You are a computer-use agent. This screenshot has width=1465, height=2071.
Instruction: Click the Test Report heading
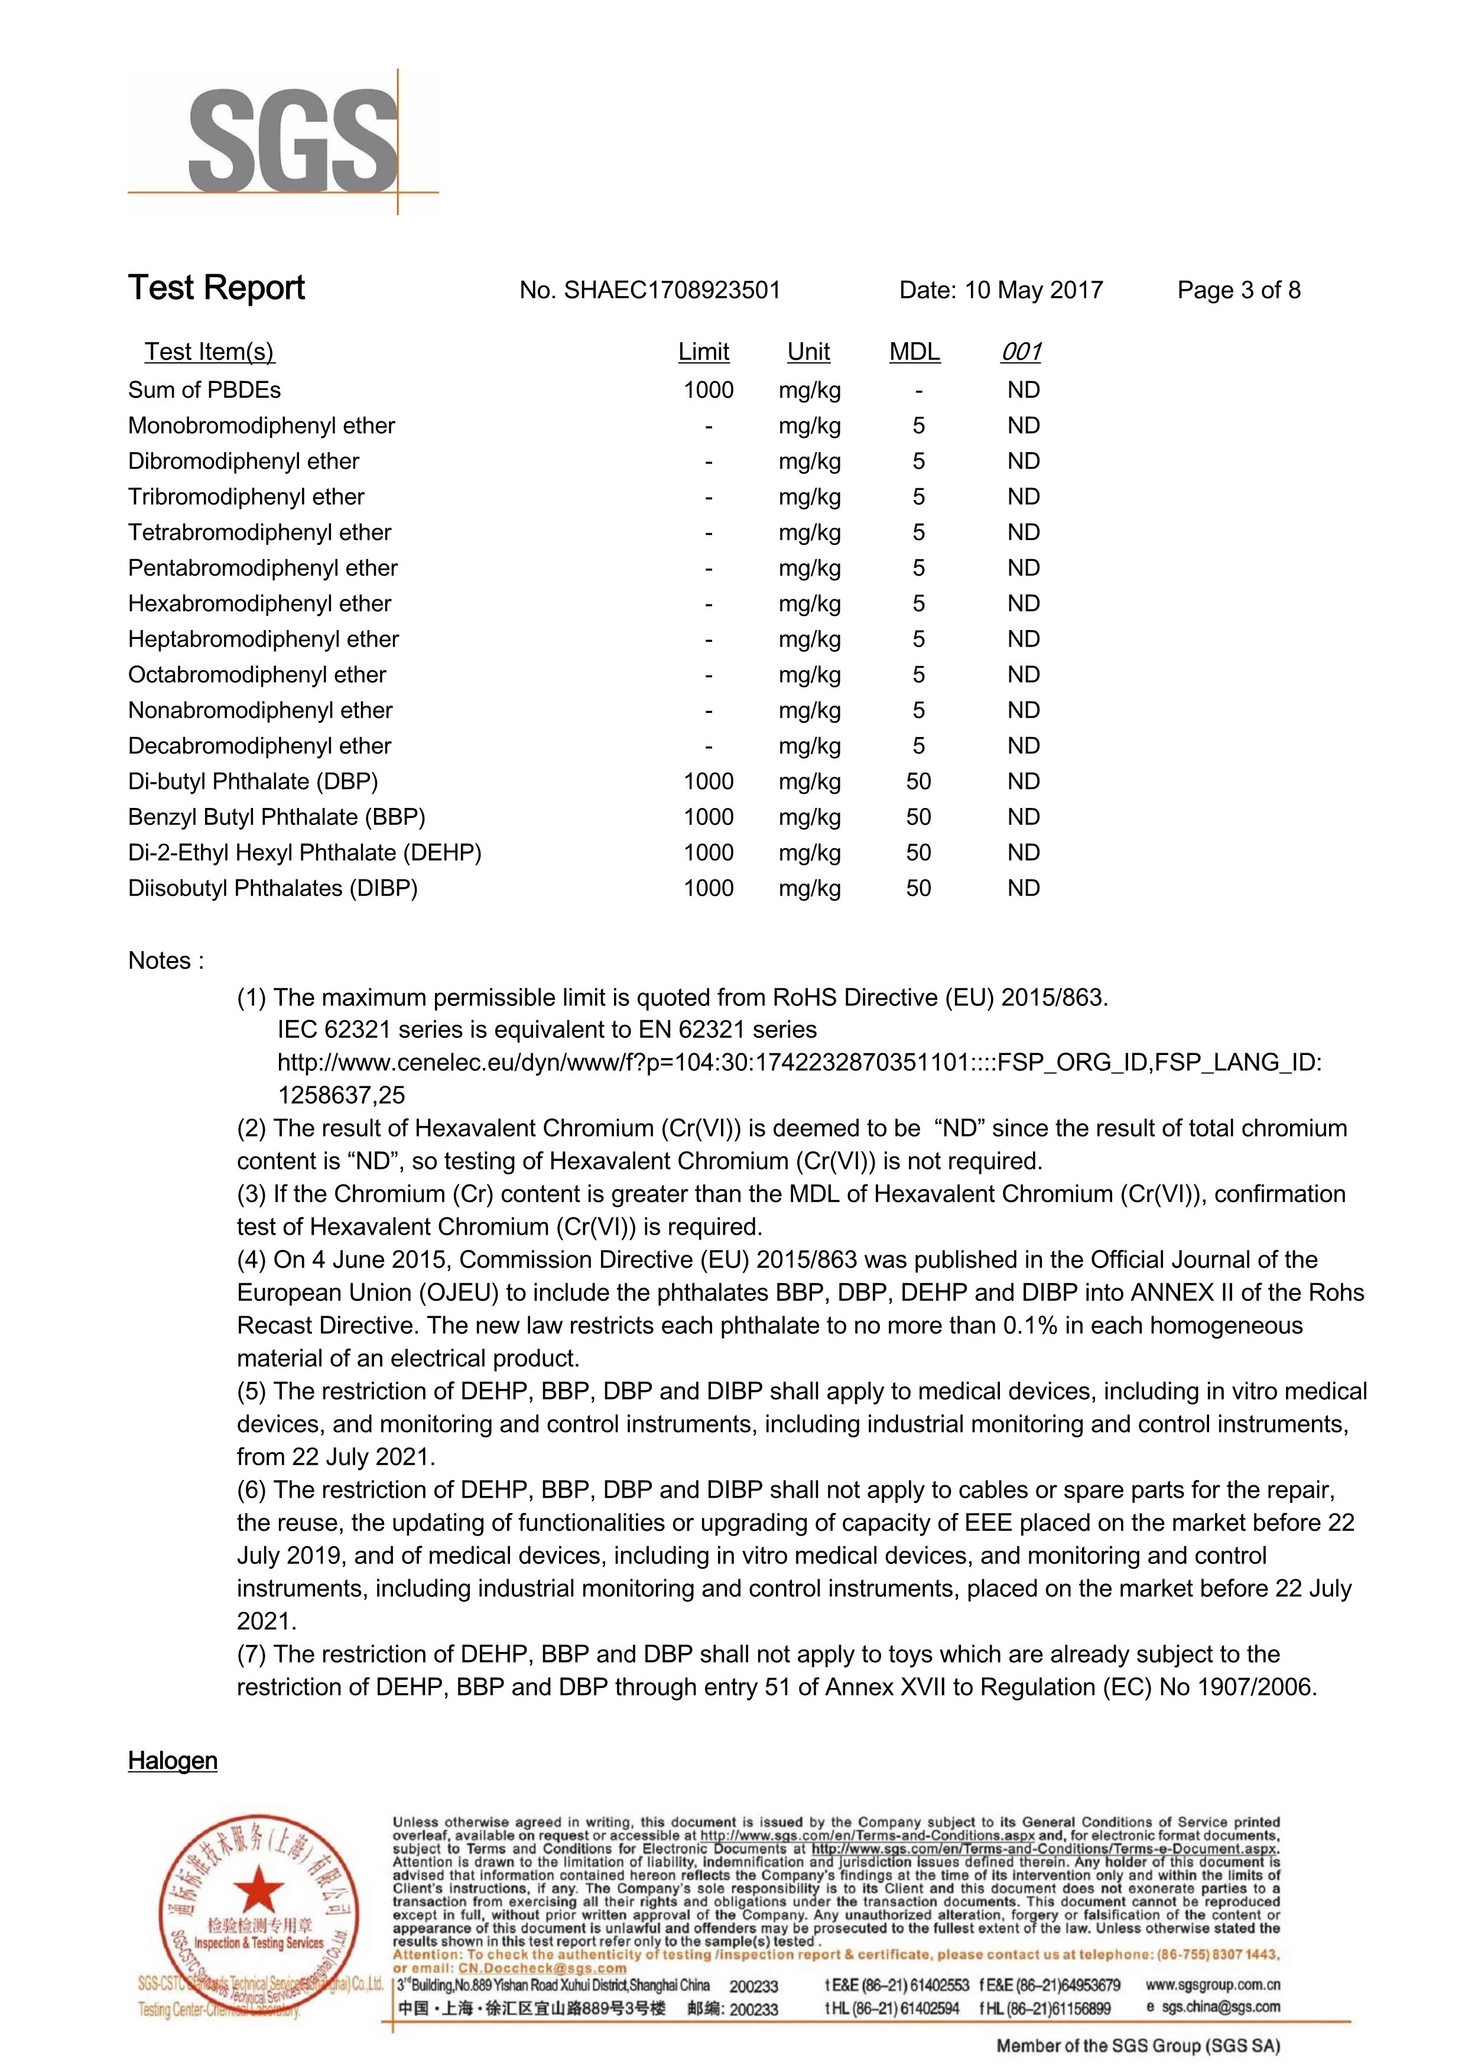(216, 288)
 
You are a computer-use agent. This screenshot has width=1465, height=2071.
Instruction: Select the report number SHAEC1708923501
(671, 290)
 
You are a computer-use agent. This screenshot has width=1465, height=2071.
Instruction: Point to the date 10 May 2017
(1034, 290)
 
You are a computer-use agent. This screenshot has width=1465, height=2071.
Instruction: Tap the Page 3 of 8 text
(1239, 290)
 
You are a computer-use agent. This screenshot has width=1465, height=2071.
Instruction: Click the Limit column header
(704, 352)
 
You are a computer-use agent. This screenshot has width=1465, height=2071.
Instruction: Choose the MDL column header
(915, 352)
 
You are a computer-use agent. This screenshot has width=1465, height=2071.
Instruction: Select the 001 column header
(1021, 352)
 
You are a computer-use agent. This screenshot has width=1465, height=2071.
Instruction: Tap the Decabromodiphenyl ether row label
(260, 746)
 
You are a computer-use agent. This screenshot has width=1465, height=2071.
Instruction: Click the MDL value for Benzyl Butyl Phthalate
(918, 817)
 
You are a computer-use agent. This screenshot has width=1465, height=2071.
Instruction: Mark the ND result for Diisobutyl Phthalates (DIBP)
(1024, 888)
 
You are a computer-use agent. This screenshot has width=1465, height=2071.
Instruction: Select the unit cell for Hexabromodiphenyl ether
(809, 603)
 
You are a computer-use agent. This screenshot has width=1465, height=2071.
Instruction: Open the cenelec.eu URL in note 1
(799, 1063)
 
